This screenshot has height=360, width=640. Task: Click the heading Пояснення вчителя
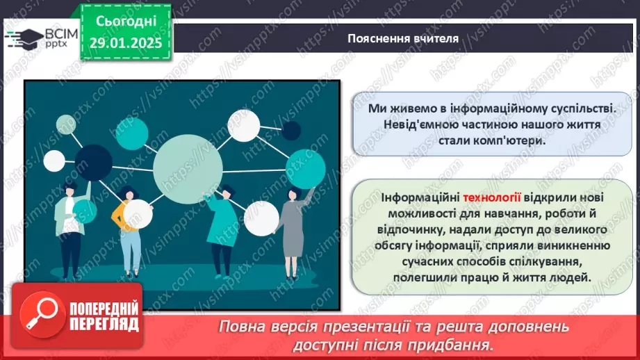(403, 38)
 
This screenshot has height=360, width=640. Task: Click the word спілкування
(543, 261)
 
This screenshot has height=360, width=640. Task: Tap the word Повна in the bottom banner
(241, 327)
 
